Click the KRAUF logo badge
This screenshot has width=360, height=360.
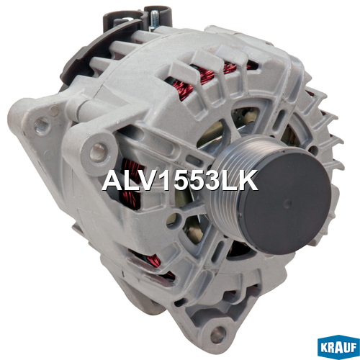click(x=338, y=347)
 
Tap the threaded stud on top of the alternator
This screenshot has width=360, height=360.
click(x=153, y=20)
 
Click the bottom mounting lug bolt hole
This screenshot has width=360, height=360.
click(x=218, y=334)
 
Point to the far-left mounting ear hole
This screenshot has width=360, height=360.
click(x=42, y=125)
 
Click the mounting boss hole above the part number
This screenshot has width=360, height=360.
click(x=98, y=151)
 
